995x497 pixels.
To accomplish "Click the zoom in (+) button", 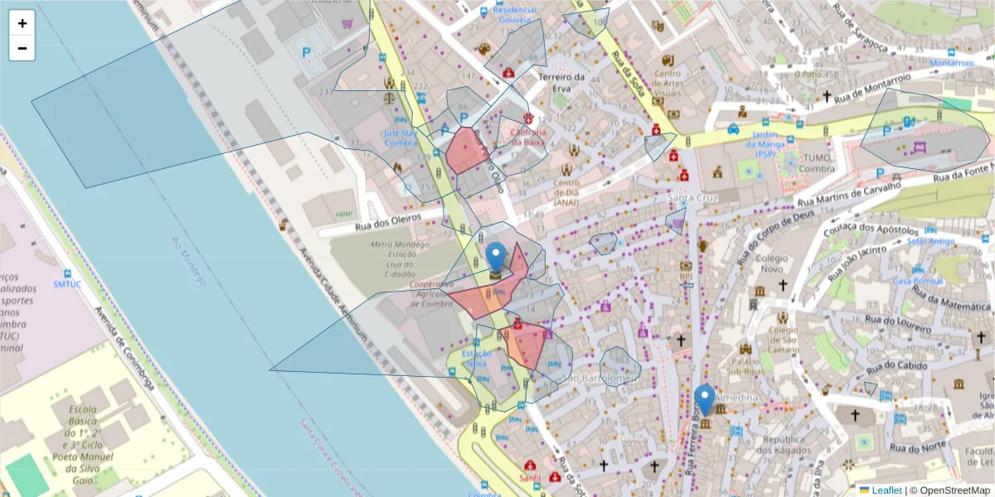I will pos(22,23).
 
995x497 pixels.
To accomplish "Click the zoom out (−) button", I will pos(22,48).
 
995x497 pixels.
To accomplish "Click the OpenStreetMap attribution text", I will pos(954,490).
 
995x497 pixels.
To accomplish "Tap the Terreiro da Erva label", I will pos(562,77).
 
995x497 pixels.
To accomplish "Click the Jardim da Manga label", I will pos(777,140).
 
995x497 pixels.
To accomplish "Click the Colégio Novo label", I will pos(772,263).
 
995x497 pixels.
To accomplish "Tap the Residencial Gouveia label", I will pos(515,10).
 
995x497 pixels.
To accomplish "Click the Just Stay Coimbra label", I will pos(400,137).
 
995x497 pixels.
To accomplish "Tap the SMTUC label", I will pos(66,283).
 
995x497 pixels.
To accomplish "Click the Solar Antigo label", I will pos(931,241).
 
